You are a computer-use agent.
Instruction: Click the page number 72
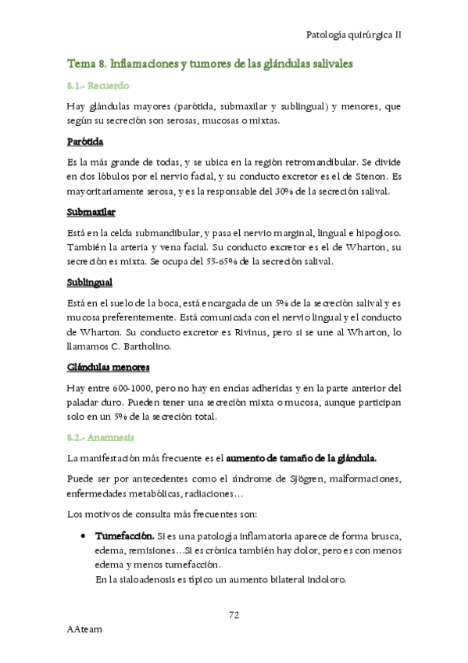[234, 614]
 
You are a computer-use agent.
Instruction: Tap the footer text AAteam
[85, 628]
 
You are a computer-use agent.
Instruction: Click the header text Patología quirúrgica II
[354, 35]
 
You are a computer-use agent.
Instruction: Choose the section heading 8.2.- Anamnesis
[101, 437]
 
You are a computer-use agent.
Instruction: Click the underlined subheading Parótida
[86, 142]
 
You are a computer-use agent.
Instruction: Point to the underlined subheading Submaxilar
[91, 212]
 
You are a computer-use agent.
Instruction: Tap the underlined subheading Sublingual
[91, 282]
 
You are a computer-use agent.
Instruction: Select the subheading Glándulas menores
[109, 367]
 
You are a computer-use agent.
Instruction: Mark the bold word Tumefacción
[124, 537]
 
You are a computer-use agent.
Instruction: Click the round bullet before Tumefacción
[84, 537]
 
